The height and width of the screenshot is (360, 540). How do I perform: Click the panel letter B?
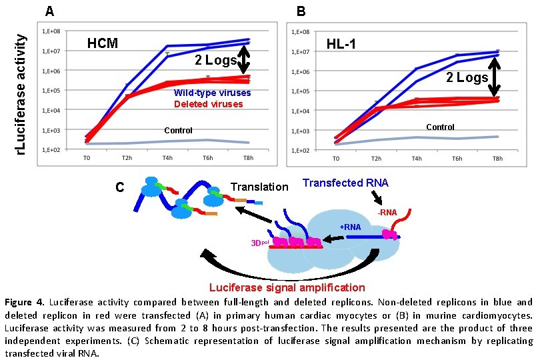(301, 11)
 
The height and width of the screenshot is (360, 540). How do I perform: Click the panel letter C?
(120, 187)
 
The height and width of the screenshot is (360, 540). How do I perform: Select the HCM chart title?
(103, 44)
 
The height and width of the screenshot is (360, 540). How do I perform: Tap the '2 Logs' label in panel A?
(215, 61)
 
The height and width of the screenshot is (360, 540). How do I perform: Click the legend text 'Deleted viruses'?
(208, 104)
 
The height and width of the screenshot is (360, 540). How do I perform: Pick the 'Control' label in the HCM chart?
(178, 131)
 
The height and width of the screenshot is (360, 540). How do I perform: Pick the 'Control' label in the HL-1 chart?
(440, 127)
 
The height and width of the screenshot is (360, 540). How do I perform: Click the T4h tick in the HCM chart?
(167, 158)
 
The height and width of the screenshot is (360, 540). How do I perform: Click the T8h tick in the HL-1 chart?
(497, 159)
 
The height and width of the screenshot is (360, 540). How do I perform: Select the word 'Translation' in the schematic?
(259, 187)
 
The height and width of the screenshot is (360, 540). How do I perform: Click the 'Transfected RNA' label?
(345, 183)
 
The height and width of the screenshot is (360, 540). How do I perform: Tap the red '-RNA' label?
(387, 213)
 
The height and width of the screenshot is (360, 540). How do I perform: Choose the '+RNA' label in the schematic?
(350, 227)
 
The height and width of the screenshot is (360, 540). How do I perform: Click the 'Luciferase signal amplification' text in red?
(287, 288)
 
